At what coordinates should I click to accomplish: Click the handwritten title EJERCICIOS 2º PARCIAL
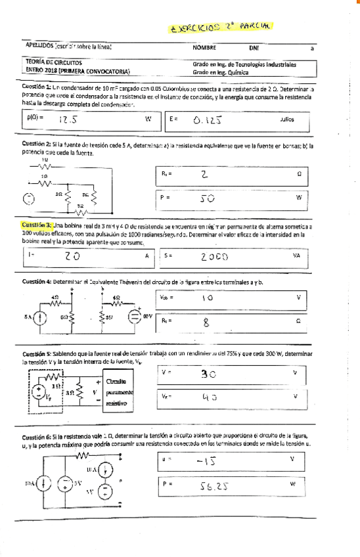(x=221, y=27)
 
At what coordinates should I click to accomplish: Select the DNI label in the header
(x=254, y=48)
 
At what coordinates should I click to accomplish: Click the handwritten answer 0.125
(x=209, y=120)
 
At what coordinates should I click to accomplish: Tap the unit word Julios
(x=287, y=120)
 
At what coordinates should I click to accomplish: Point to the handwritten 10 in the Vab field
(x=207, y=298)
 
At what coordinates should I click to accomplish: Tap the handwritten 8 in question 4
(x=206, y=322)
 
